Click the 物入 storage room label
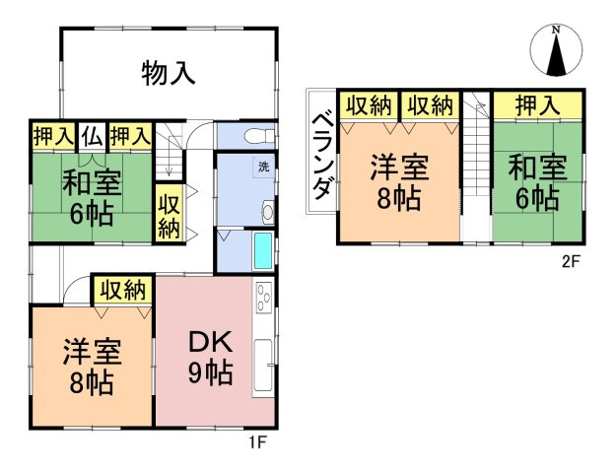coord(168,72)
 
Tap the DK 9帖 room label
coord(210,358)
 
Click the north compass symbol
coord(556,52)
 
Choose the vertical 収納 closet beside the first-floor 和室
coord(169,214)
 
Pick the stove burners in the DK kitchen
coord(264,297)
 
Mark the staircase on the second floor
coord(476,168)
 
